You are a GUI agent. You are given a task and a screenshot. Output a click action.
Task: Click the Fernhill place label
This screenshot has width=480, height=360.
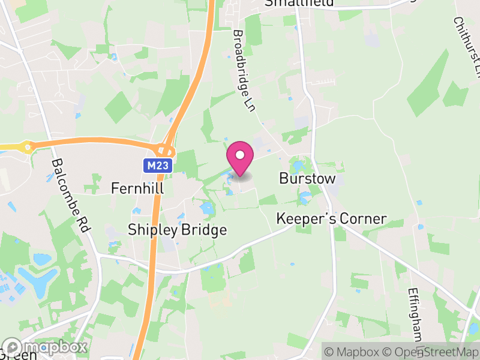tap(137, 188)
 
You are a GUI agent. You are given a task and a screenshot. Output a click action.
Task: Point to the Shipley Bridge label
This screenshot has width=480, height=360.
tap(178, 230)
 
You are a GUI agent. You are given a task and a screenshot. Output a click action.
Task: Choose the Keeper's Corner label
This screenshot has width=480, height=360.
tap(332, 219)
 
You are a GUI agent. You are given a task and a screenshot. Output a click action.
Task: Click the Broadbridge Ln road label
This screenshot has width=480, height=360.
tap(245, 71)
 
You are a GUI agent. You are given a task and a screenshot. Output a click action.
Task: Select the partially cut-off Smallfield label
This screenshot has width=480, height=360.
tap(299, 4)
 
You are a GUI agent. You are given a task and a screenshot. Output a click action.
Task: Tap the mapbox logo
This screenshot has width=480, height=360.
tap(46, 347)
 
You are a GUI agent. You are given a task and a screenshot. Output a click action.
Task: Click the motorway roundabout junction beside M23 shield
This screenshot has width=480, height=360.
tap(165, 151)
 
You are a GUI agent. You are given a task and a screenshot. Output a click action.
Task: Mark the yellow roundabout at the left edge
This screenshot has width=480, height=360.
tap(27, 146)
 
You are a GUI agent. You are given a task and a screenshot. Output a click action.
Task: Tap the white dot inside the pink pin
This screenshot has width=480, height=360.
tap(240, 155)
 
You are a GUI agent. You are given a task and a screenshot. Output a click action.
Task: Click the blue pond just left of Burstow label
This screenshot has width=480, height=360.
tap(298, 165)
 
